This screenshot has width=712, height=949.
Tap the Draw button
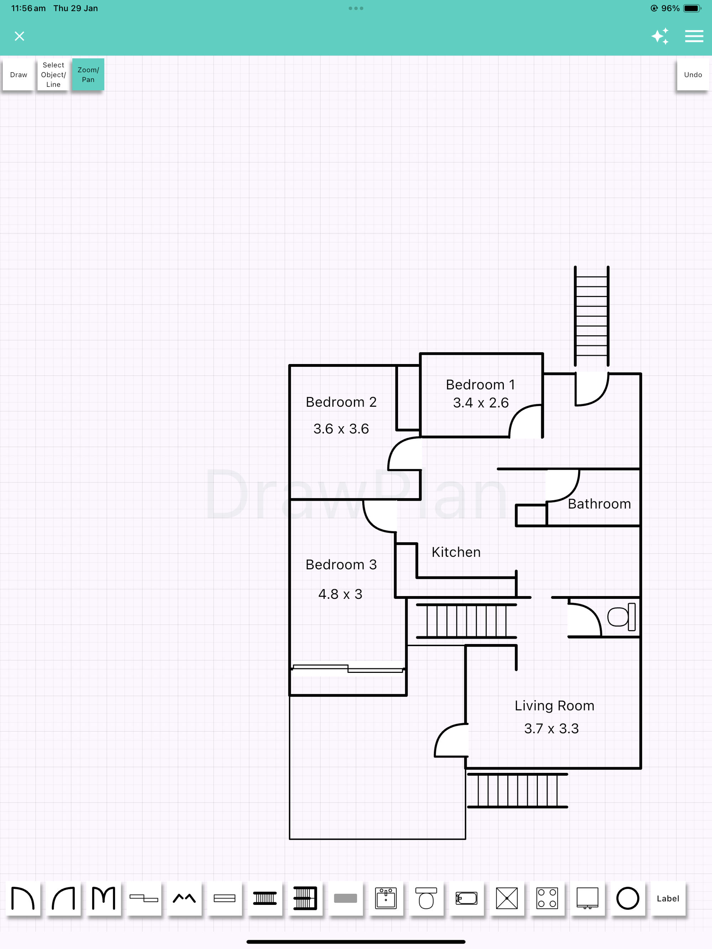19,75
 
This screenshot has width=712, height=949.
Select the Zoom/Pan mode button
88,75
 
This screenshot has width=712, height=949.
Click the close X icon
19,36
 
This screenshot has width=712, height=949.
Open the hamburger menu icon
693,36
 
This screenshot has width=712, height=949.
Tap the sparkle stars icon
660,36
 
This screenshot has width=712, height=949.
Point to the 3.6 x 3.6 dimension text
341,428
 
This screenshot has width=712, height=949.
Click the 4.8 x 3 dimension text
340,594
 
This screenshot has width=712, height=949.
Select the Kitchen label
456,552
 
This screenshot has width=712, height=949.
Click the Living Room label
554,706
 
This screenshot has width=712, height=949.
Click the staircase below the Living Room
517,790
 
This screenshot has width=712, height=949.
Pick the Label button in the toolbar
667,899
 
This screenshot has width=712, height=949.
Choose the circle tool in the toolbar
628,898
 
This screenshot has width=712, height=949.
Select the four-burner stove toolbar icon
547,898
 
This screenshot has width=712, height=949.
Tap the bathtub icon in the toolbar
466,898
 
